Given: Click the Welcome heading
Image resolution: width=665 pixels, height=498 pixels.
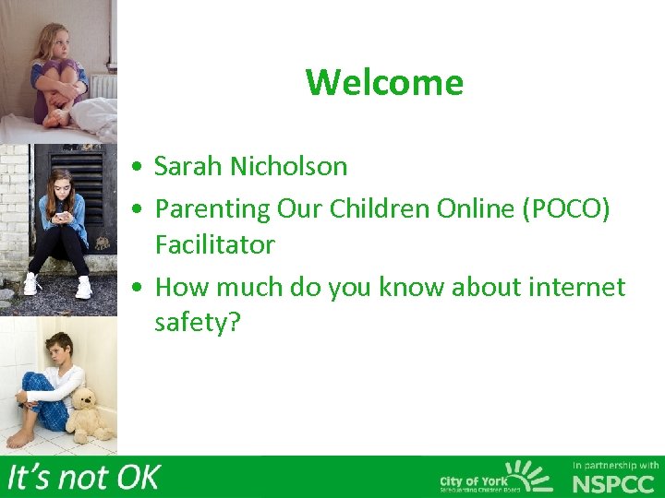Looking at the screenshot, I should [384, 82].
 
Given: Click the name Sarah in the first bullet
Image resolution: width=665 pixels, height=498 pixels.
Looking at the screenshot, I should [188, 166].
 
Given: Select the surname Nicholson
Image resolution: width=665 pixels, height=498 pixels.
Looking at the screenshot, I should [288, 166].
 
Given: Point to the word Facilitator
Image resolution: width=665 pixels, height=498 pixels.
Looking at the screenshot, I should [214, 244].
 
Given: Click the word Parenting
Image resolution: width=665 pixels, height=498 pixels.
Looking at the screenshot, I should [211, 209].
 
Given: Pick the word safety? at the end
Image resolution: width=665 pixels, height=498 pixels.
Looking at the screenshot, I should [197, 323].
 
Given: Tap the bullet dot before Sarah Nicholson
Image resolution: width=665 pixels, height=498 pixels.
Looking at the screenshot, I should [137, 168].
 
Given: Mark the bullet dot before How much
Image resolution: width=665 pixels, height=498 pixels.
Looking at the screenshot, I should [137, 289].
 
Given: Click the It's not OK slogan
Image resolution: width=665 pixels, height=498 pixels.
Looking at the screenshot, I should [83, 478].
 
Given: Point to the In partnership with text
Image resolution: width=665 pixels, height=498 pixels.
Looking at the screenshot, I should [615, 465].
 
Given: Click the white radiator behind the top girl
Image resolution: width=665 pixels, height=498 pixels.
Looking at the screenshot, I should [101, 85].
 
